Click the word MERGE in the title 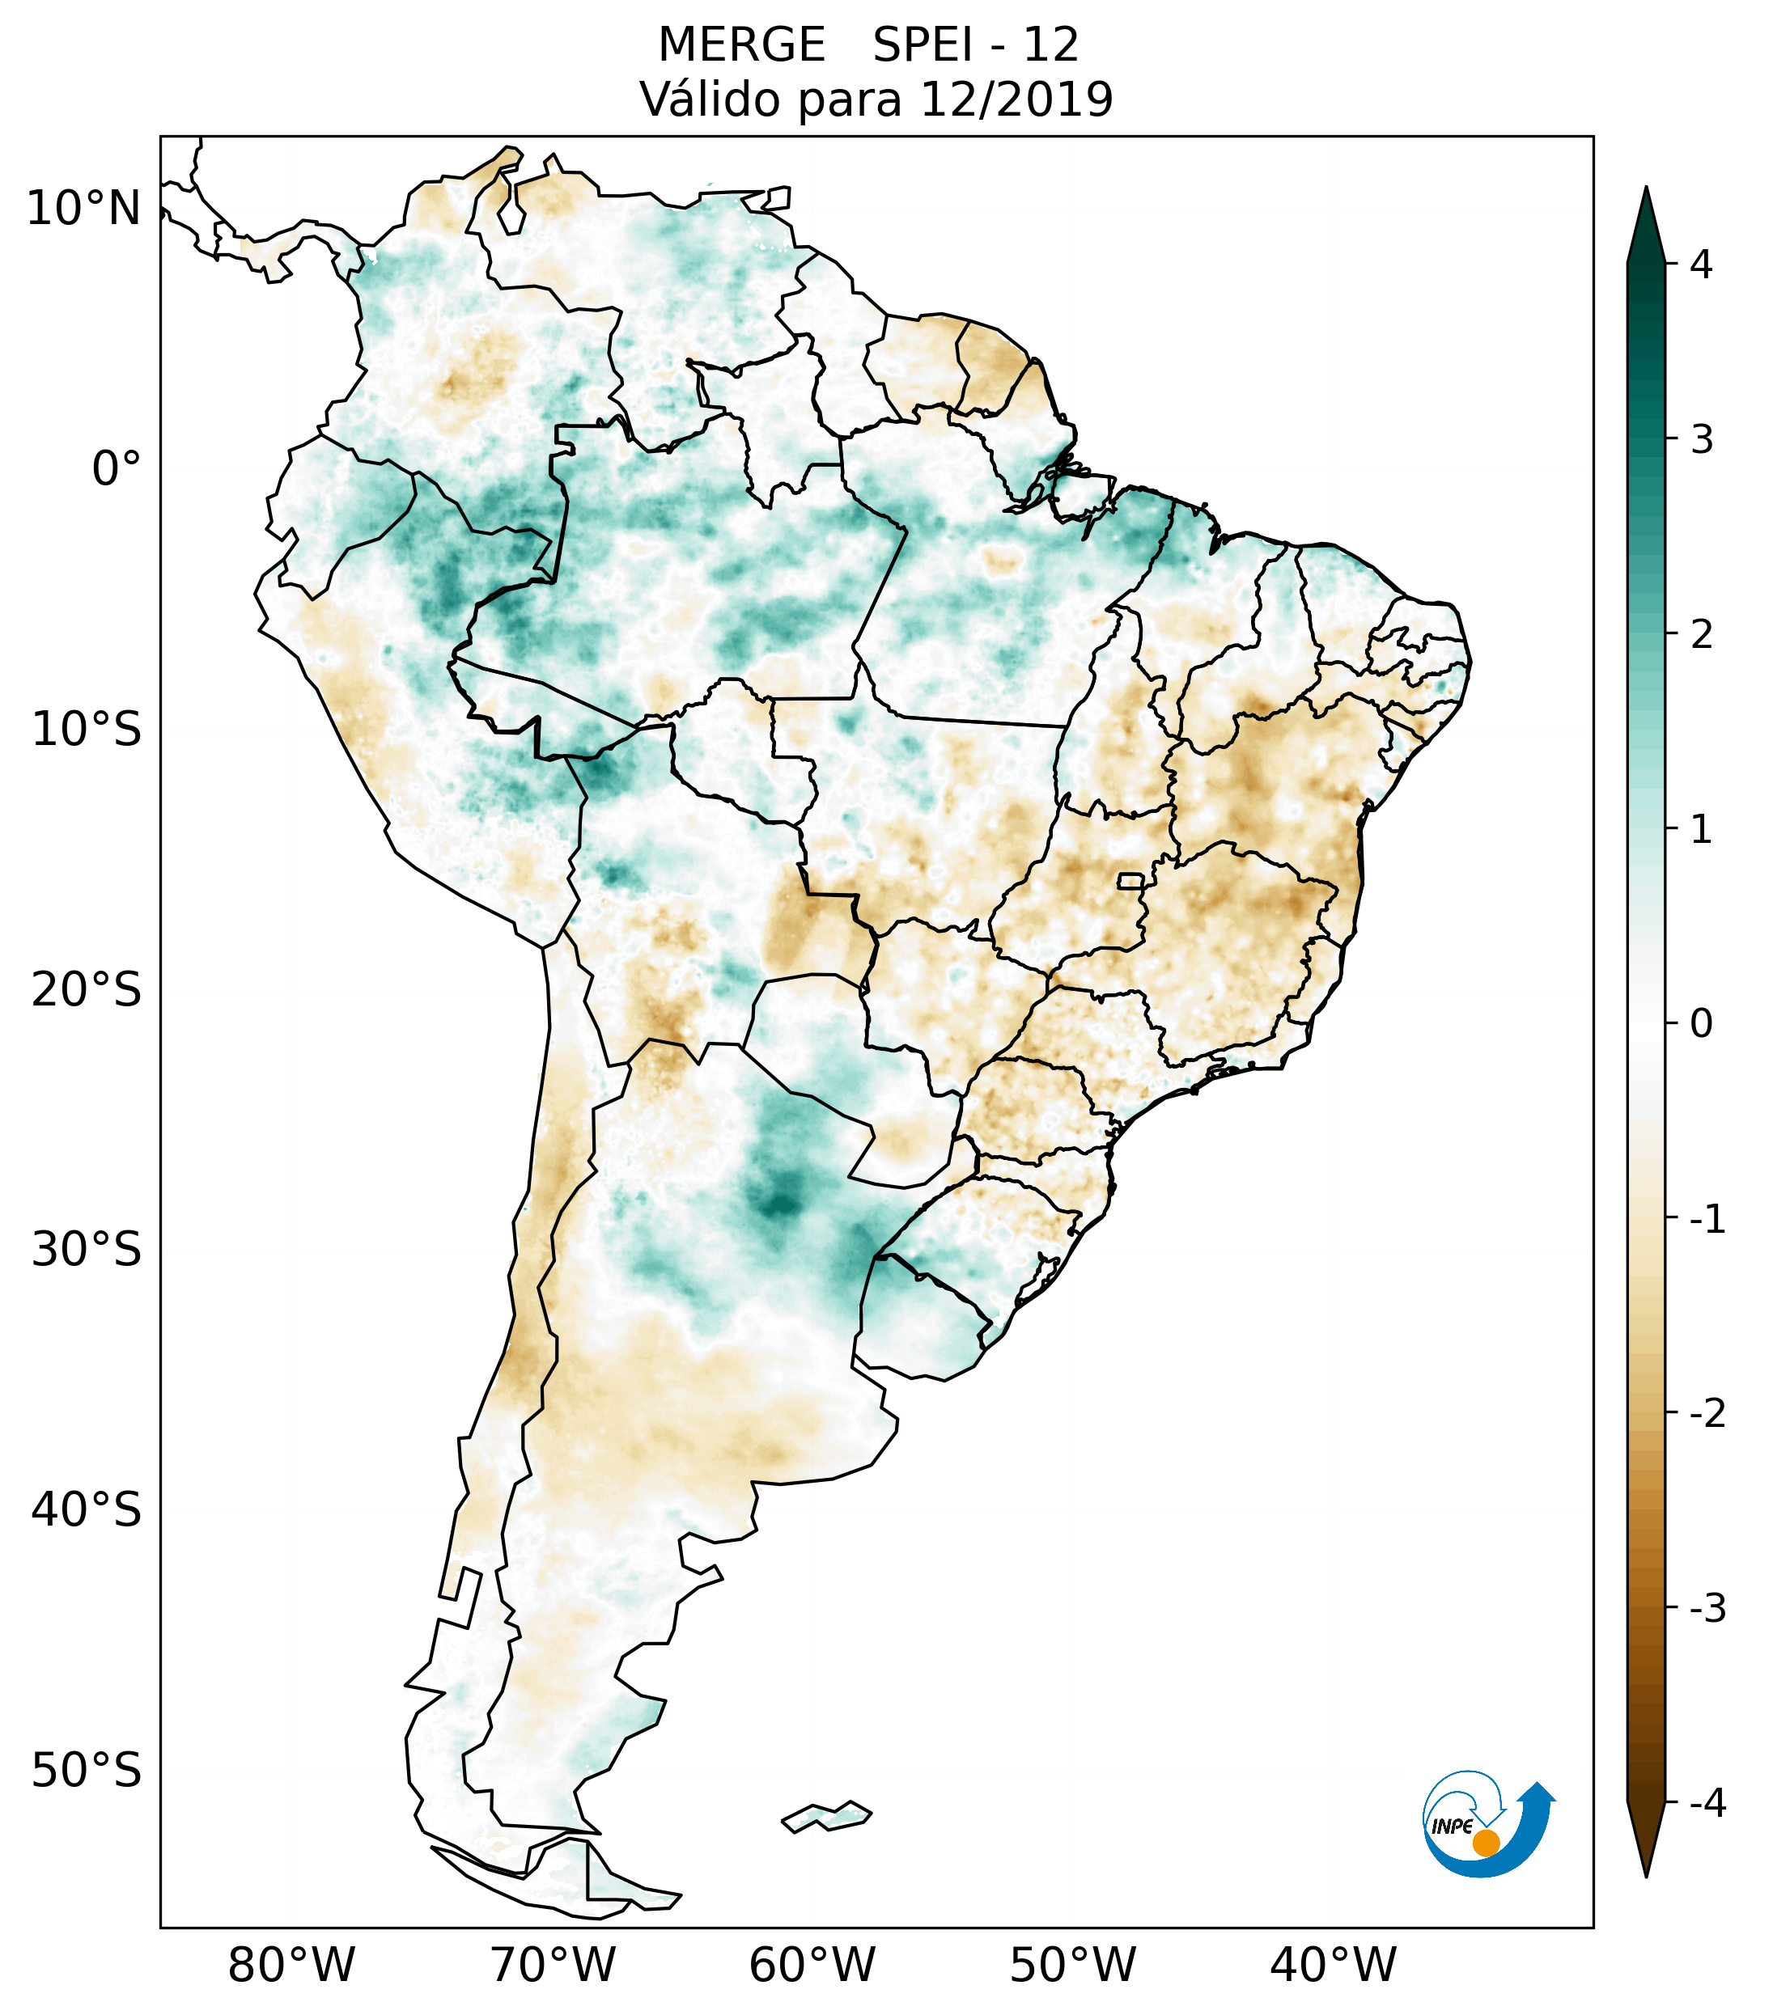pyautogui.click(x=740, y=45)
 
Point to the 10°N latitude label pyautogui.click(x=84, y=209)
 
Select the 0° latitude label pyautogui.click(x=117, y=469)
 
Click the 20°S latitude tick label pyautogui.click(x=87, y=990)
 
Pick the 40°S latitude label pyautogui.click(x=87, y=1510)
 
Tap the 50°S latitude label pyautogui.click(x=87, y=1771)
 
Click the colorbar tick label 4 pyautogui.click(x=1701, y=265)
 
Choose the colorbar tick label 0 pyautogui.click(x=1701, y=1023)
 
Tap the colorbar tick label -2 pyautogui.click(x=1707, y=1414)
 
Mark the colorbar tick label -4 pyautogui.click(x=1707, y=1804)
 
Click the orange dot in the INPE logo pyautogui.click(x=1485, y=1843)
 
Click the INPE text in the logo pyautogui.click(x=1452, y=1827)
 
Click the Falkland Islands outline pyautogui.click(x=826, y=1816)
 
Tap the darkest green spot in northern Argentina pyautogui.click(x=781, y=1204)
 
